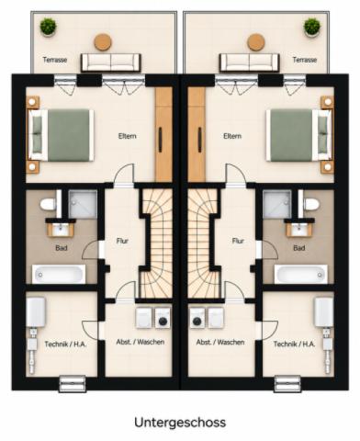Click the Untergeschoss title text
pos(180,423)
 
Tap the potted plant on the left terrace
pos(48,27)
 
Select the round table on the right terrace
pos(256,42)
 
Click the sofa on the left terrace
pos(111,62)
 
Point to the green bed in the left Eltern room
pos(62,135)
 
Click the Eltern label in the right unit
pos(232,136)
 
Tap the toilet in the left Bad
pos(48,204)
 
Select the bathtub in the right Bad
pos(301,274)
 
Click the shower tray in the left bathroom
pos(83,204)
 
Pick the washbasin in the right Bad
pos(298,230)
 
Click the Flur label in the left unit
pos(122,241)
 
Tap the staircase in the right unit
pos(204,243)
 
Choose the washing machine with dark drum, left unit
pos(163,318)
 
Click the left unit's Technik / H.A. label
pos(65,345)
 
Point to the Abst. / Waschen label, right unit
pos(220,342)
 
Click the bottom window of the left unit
pos(73,384)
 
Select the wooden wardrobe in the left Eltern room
pos(163,134)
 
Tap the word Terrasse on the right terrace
pos(305,60)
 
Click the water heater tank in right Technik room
pos(323,312)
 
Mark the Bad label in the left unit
pos(62,248)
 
